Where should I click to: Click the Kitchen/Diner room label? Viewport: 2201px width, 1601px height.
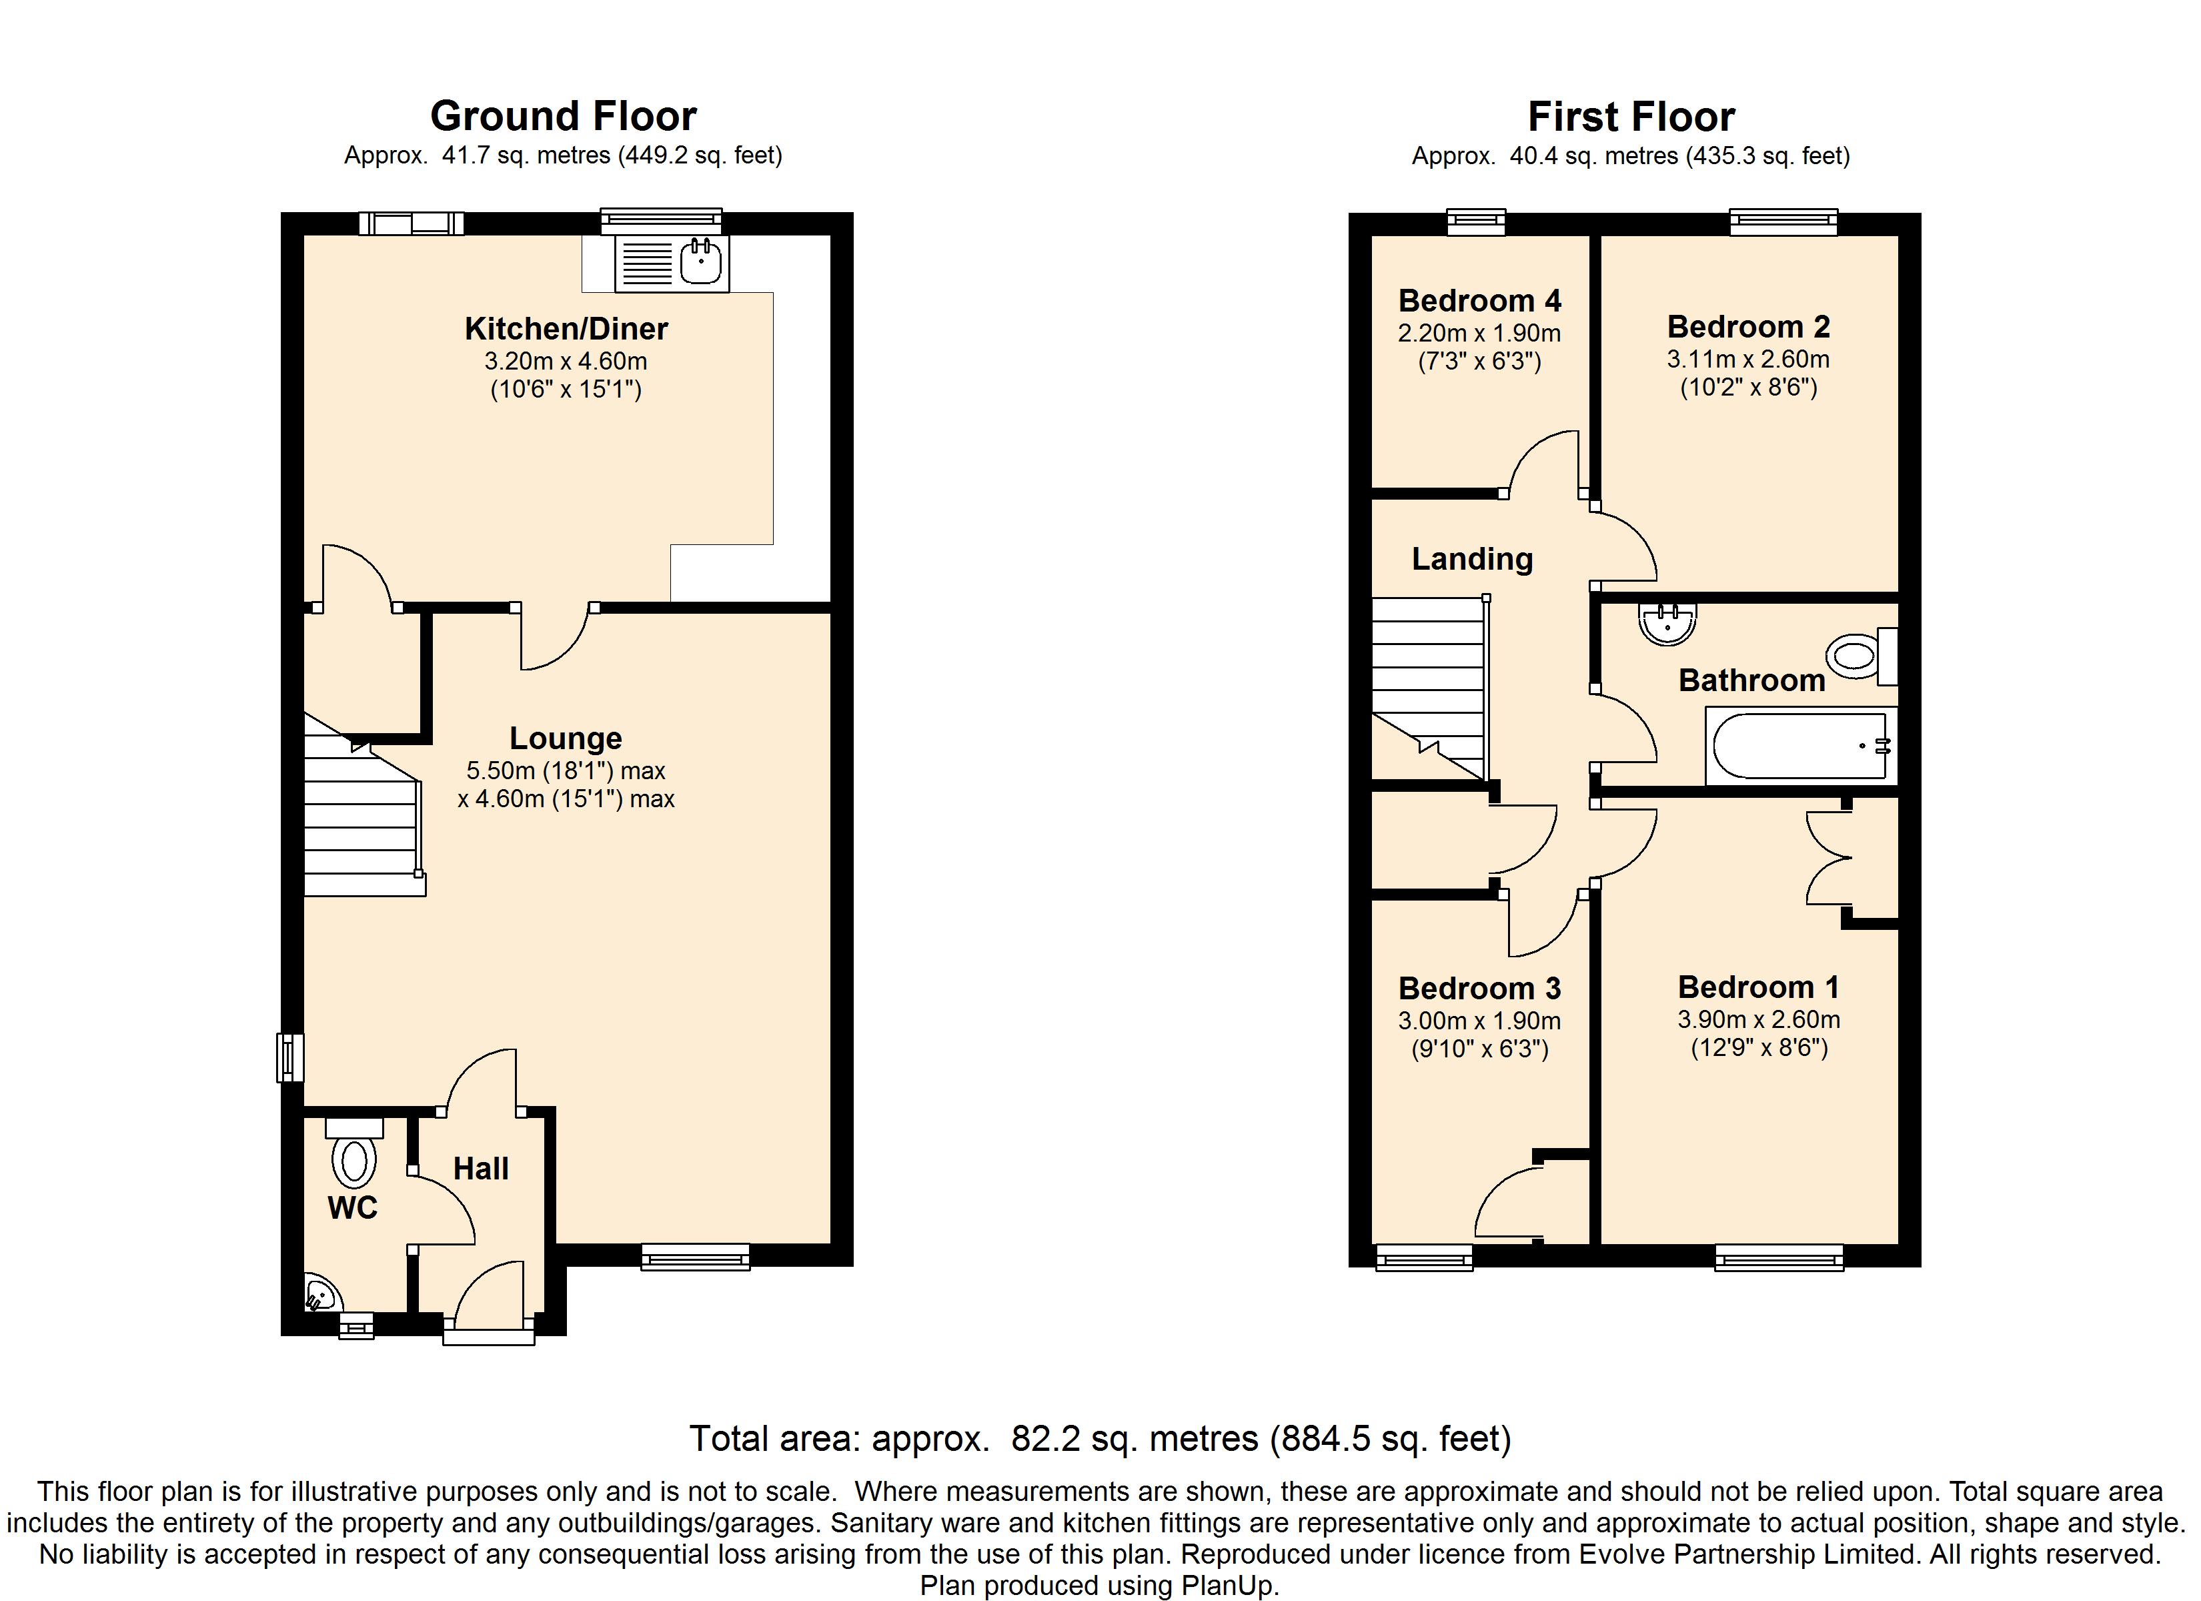pyautogui.click(x=566, y=329)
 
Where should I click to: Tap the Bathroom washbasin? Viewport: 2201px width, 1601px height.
pyautogui.click(x=1667, y=623)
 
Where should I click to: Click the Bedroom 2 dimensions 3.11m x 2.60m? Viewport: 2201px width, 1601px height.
pyautogui.click(x=1748, y=360)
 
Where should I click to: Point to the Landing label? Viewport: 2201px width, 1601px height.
pyautogui.click(x=1472, y=559)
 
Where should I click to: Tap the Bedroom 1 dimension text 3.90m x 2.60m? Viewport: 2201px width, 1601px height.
pyautogui.click(x=1759, y=1019)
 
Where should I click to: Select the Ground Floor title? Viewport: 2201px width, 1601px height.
pyautogui.click(x=563, y=117)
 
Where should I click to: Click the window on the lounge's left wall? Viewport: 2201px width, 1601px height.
pyautogui.click(x=290, y=1057)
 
